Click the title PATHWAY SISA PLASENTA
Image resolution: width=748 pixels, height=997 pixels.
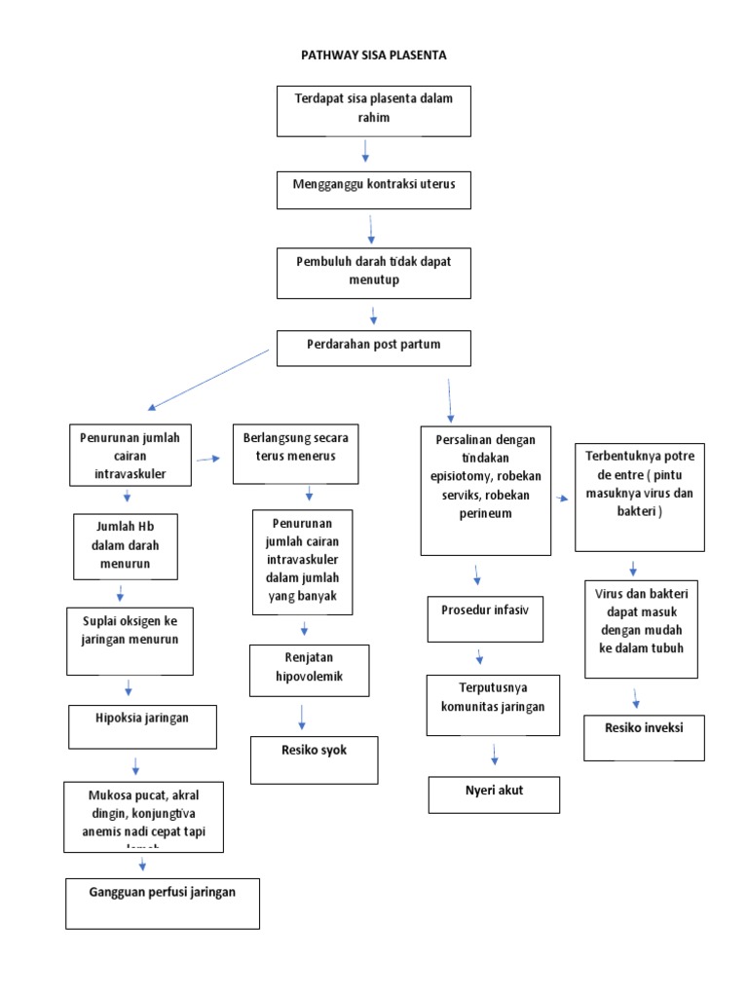point(374,55)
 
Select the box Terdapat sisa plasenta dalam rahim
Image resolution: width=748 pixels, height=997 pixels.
point(374,110)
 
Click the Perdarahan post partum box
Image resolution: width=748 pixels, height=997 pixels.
point(374,349)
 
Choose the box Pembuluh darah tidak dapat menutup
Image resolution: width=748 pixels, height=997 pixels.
point(374,272)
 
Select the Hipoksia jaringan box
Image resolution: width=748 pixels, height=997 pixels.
point(142,727)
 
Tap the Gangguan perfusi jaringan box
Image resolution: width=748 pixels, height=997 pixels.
point(163,902)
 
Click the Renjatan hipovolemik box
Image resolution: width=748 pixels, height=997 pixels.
point(310,670)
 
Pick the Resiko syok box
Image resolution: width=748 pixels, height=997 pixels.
point(315,759)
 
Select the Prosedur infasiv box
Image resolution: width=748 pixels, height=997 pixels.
point(485,619)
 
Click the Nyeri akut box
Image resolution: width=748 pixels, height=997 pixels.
point(494,794)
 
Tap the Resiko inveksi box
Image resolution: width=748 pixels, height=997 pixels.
point(644,737)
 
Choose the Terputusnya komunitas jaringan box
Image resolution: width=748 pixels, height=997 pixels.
point(494,705)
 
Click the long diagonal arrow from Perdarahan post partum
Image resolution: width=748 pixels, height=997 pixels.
point(207,380)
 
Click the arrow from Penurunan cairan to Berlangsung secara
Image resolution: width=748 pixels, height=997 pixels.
point(207,458)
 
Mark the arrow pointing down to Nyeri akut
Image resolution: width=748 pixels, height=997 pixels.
point(495,755)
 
